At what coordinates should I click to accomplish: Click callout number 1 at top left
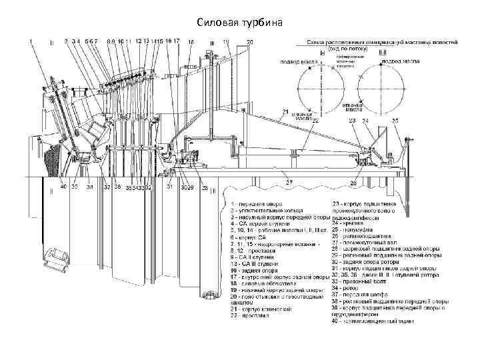click(x=31, y=41)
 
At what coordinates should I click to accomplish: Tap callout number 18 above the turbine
click(x=191, y=42)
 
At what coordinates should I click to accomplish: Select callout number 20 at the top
click(x=249, y=42)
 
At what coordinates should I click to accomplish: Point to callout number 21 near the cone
click(x=285, y=111)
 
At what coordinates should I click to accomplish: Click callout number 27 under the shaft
click(x=289, y=181)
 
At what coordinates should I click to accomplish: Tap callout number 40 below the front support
click(x=63, y=187)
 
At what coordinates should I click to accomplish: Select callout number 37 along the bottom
click(x=106, y=187)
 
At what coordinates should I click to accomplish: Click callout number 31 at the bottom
click(x=169, y=187)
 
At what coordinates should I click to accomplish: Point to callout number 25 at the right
click(x=395, y=121)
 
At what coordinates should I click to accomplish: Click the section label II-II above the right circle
click(x=382, y=53)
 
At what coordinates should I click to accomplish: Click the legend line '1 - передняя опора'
click(x=257, y=203)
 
